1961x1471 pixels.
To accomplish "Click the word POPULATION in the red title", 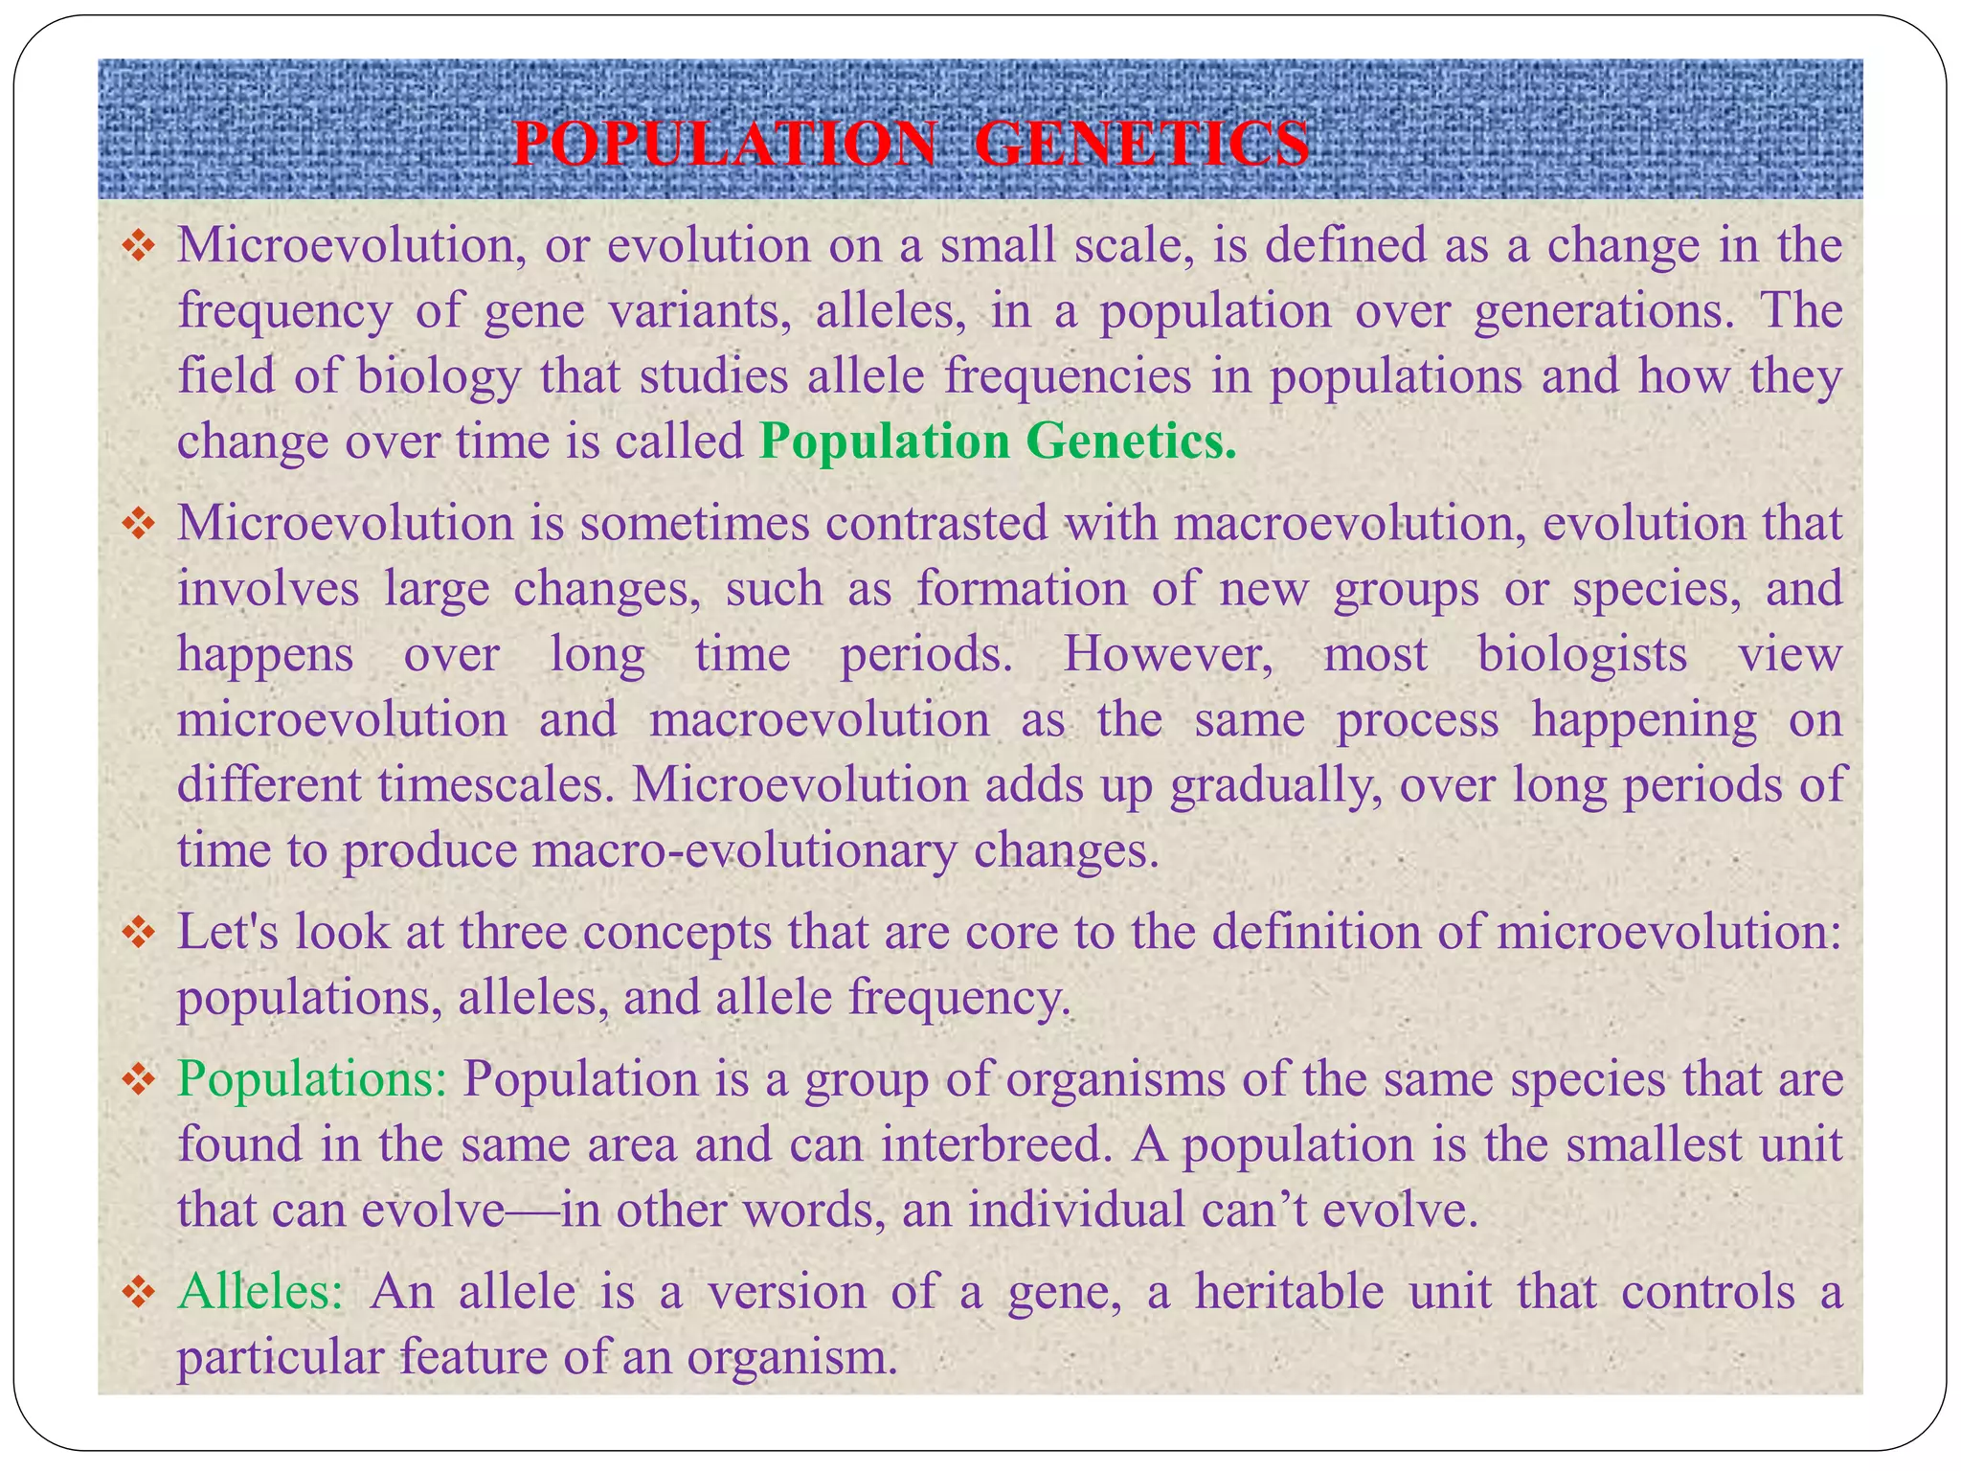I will coord(725,146).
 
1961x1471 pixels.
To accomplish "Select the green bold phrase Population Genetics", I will coord(997,442).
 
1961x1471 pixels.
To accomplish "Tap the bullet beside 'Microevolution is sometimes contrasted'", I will coord(139,524).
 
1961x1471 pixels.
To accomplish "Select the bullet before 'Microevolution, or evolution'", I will coord(139,247).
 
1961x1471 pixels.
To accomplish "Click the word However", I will coord(1167,656).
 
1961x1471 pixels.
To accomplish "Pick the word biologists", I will coord(1582,656).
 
